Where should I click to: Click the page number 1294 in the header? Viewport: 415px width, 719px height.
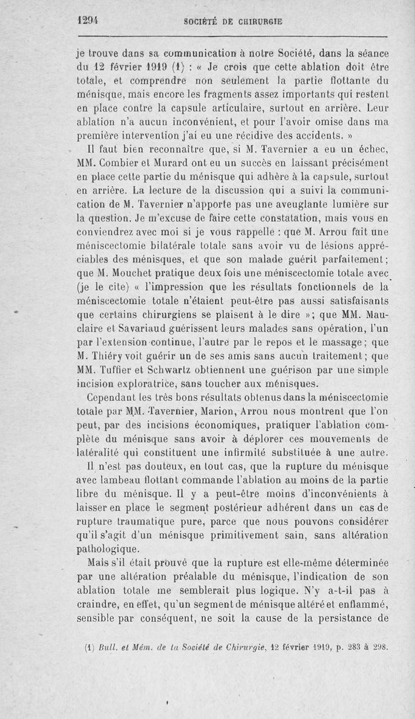click(88, 20)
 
